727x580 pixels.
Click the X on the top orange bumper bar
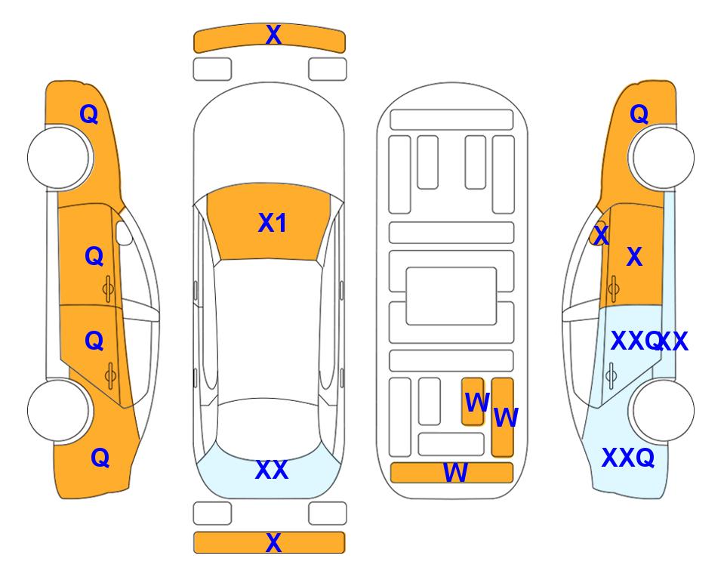273,35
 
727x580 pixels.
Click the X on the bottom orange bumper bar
273,542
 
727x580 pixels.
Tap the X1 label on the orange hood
273,223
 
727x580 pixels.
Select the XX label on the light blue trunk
272,470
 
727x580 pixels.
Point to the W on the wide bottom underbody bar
455,473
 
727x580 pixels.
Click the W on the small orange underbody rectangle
477,403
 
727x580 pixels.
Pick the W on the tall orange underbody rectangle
506,418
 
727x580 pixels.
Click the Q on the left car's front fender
89,114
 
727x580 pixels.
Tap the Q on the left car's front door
94,256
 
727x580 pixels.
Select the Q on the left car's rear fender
100,458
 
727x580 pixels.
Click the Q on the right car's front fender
639,114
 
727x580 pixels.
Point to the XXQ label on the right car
628,458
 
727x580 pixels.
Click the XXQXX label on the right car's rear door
649,341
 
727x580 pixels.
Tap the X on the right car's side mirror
601,235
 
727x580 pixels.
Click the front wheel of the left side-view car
59,158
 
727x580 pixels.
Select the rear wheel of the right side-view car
663,410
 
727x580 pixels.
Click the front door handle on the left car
109,289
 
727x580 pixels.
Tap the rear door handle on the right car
611,375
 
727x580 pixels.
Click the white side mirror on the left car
124,233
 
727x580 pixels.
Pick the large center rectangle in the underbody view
451,296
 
